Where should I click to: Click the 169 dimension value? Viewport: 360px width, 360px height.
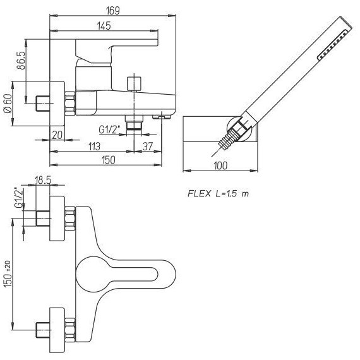tap(112, 11)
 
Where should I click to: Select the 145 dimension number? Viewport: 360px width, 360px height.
tap(104, 26)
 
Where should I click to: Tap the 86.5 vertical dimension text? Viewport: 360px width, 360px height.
tap(21, 61)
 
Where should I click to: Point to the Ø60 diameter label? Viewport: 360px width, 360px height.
tap(8, 103)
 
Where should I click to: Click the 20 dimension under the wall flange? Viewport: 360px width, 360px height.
tap(57, 135)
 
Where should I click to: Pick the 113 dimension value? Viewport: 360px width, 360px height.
tap(94, 147)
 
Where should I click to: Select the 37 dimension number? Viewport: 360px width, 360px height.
tap(148, 147)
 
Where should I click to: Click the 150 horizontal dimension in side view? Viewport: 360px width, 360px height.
tap(108, 160)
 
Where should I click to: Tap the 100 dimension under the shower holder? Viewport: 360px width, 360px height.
tap(220, 165)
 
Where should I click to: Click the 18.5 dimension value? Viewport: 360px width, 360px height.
tap(43, 180)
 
